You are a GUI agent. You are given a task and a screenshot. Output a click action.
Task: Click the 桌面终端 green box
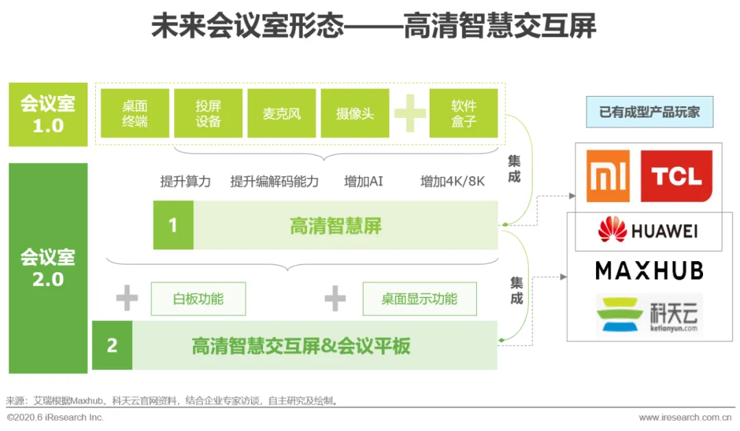tap(135, 114)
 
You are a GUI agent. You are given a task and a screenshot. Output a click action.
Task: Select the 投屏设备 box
tap(208, 114)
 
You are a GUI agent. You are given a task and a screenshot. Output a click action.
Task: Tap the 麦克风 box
tap(282, 114)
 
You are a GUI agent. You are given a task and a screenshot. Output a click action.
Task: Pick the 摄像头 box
tap(355, 114)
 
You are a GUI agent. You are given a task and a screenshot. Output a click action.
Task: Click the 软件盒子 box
tap(463, 114)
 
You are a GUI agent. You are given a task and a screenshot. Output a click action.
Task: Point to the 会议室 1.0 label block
tap(48, 114)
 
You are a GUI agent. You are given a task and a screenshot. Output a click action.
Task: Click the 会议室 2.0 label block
tap(48, 268)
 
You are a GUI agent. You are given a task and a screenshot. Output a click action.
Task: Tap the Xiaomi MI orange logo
tap(608, 176)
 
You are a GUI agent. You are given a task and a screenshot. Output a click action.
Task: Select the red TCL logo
tap(676, 176)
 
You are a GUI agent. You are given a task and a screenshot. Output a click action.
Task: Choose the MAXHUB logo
tap(649, 271)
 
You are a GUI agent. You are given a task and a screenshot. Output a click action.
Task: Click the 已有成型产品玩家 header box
tap(650, 112)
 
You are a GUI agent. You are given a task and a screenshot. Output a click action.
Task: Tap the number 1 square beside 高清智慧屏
tap(173, 225)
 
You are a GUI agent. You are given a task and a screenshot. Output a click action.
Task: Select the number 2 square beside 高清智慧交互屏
tap(112, 345)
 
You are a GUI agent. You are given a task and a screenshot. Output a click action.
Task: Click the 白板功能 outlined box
tap(198, 299)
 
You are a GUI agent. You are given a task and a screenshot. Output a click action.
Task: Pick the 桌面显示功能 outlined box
tap(419, 299)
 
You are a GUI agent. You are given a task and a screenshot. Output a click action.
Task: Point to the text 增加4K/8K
tap(452, 182)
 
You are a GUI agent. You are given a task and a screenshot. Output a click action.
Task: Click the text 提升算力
tap(185, 182)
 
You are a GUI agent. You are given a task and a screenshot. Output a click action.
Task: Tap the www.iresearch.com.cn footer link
tap(685, 417)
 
